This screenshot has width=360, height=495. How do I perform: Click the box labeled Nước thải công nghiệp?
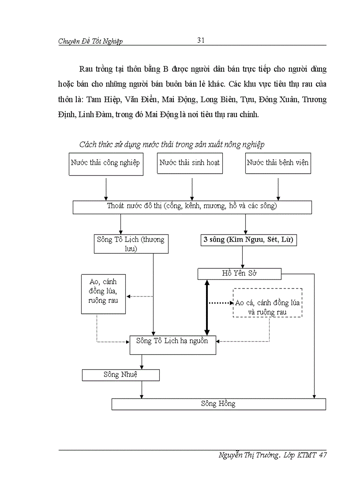[105, 164]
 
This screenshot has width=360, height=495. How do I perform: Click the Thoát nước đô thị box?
[192, 207]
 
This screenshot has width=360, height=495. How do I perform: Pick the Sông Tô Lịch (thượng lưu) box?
[131, 244]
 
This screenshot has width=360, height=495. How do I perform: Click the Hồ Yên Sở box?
[239, 274]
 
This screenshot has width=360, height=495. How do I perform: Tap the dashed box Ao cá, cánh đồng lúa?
[267, 303]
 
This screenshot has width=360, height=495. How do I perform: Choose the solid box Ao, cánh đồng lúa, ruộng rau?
[103, 294]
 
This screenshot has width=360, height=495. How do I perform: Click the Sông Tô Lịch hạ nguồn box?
[172, 345]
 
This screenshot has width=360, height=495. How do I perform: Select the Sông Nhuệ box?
[120, 375]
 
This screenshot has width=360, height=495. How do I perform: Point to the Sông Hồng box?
[218, 404]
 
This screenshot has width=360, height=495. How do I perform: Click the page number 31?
[201, 41]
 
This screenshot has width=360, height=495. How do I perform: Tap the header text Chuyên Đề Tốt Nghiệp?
[90, 41]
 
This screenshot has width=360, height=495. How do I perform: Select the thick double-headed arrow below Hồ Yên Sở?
[206, 308]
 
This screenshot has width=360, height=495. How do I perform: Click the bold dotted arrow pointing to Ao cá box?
[220, 303]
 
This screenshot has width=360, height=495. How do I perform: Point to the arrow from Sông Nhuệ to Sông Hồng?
[141, 389]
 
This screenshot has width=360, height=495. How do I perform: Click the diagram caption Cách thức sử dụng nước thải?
[172, 145]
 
